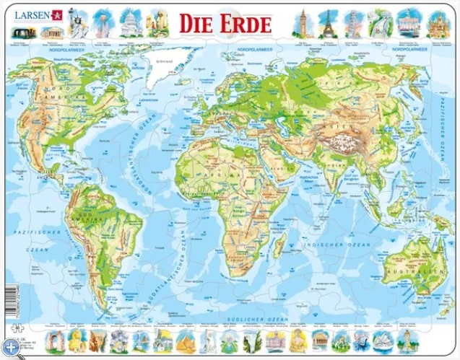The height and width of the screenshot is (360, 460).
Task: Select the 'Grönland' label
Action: coord(167,61)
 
